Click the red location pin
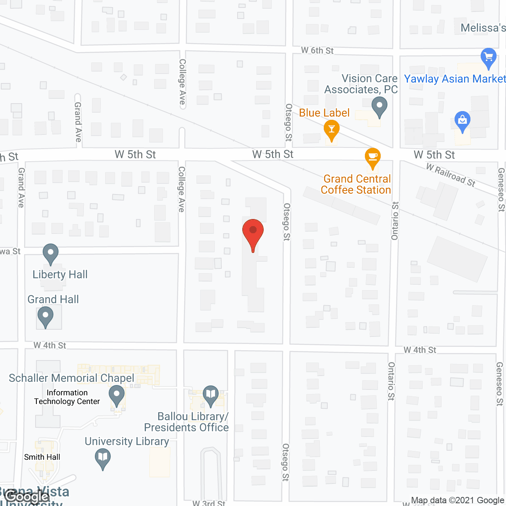point(253,233)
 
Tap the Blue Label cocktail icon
point(331,130)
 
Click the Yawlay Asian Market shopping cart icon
point(489,58)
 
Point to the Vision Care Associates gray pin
point(379,106)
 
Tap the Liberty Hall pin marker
point(51,253)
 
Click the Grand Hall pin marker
point(45,316)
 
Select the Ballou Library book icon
point(211,395)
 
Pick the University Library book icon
point(103,458)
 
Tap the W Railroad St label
point(451,175)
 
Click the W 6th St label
point(317,51)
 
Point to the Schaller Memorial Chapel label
point(72,378)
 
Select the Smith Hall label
point(42,457)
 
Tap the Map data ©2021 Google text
point(457,500)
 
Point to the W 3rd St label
point(209,503)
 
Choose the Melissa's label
point(483,28)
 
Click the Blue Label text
point(324,113)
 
